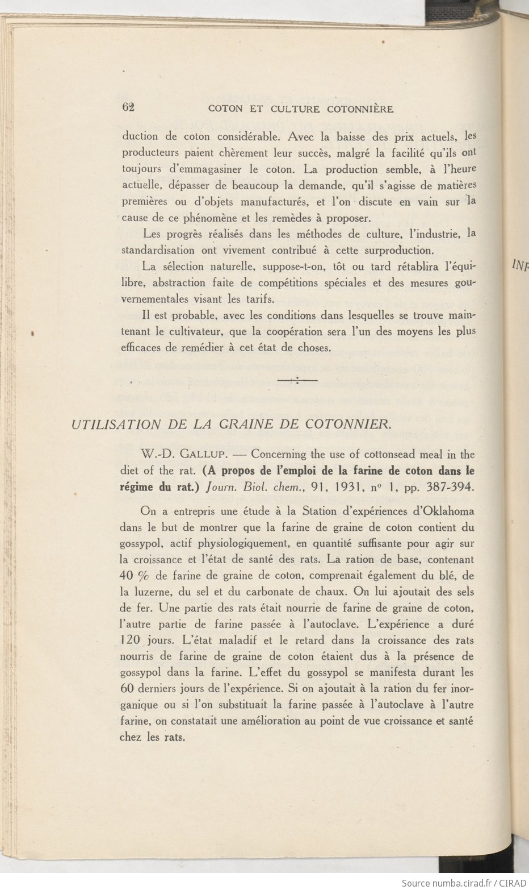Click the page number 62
128,107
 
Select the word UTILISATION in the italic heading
116,424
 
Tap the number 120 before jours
131,639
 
